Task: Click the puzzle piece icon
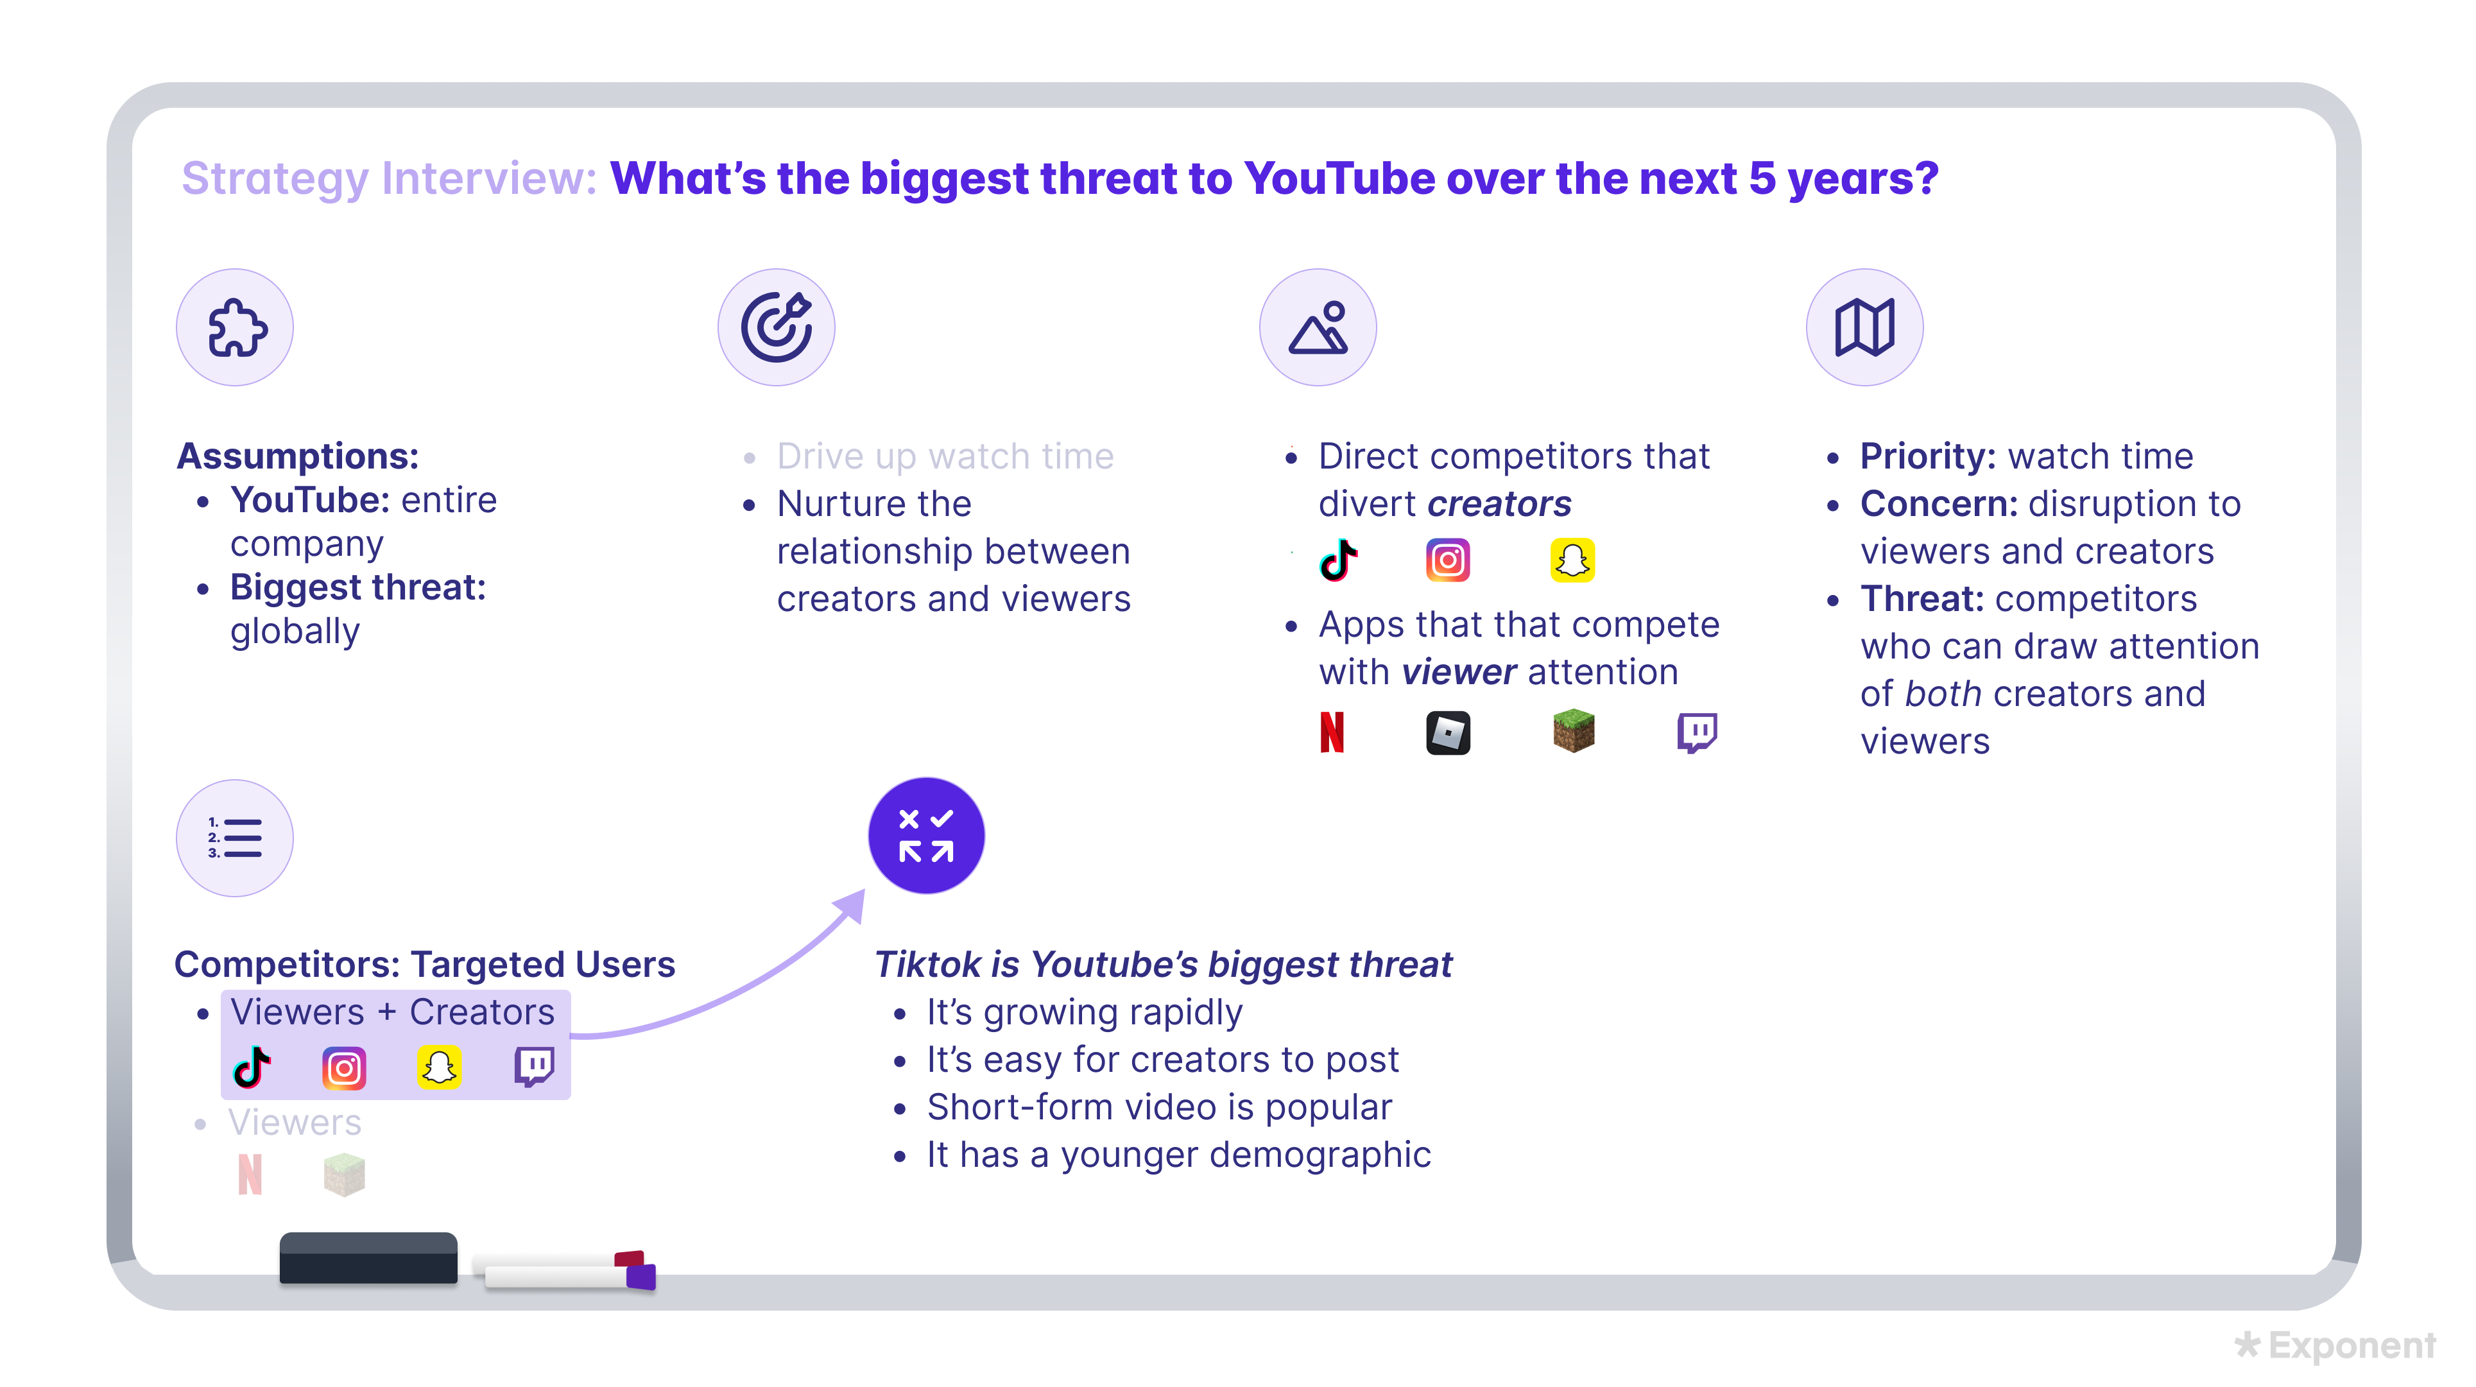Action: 236,328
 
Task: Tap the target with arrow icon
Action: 777,328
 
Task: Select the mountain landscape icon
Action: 1319,328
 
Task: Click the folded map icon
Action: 1864,328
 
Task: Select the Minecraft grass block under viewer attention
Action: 1574,732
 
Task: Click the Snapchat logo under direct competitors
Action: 1572,560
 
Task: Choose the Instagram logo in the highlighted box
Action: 344,1069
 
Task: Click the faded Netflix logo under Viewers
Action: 250,1175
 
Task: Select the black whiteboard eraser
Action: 369,1258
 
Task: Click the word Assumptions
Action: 298,456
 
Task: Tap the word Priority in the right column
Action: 1928,456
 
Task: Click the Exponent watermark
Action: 2335,1346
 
